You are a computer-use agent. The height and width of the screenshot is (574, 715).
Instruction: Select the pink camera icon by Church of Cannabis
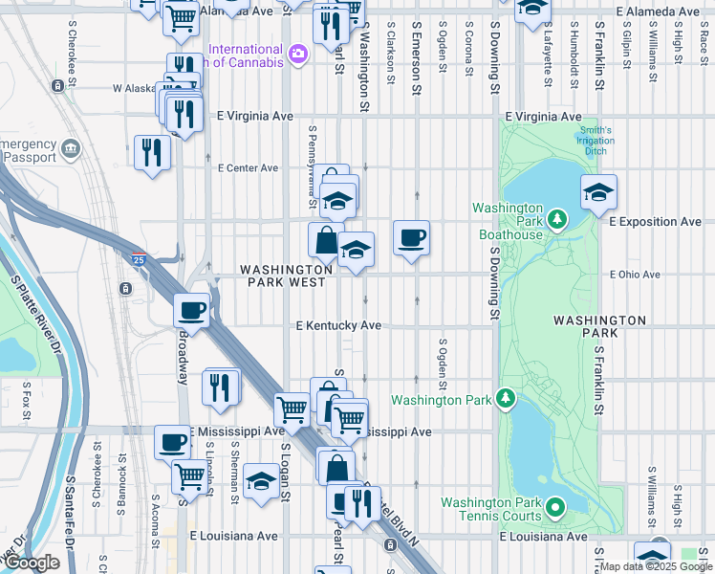[x=298, y=53]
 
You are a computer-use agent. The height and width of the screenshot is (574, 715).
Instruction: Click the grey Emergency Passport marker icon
[x=71, y=149]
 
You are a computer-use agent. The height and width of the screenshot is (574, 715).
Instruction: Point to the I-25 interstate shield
[x=139, y=259]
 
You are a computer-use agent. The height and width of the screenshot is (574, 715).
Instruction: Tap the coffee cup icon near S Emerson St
[x=411, y=236]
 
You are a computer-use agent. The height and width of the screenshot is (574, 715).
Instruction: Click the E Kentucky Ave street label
[x=338, y=326]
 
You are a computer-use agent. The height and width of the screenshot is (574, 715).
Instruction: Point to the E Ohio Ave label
[x=635, y=275]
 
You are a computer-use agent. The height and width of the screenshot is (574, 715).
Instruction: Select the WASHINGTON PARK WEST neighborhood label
[x=287, y=276]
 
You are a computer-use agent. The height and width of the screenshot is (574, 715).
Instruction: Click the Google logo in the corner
[x=32, y=563]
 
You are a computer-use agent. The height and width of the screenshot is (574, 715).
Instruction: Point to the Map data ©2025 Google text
[x=656, y=566]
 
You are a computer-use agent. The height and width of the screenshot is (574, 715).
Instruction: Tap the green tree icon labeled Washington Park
[x=506, y=399]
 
